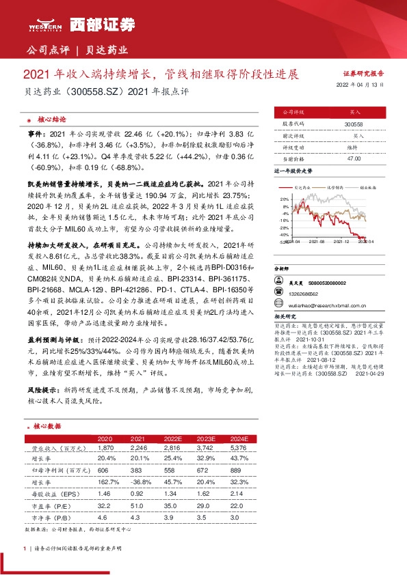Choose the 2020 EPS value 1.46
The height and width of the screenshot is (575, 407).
tap(105, 492)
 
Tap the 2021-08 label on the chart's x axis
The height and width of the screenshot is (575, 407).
tap(316, 241)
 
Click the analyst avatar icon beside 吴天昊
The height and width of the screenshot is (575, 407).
tap(278, 282)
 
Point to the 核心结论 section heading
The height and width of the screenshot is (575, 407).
tap(52, 118)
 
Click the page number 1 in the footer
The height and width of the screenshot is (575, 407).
tap(25, 549)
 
